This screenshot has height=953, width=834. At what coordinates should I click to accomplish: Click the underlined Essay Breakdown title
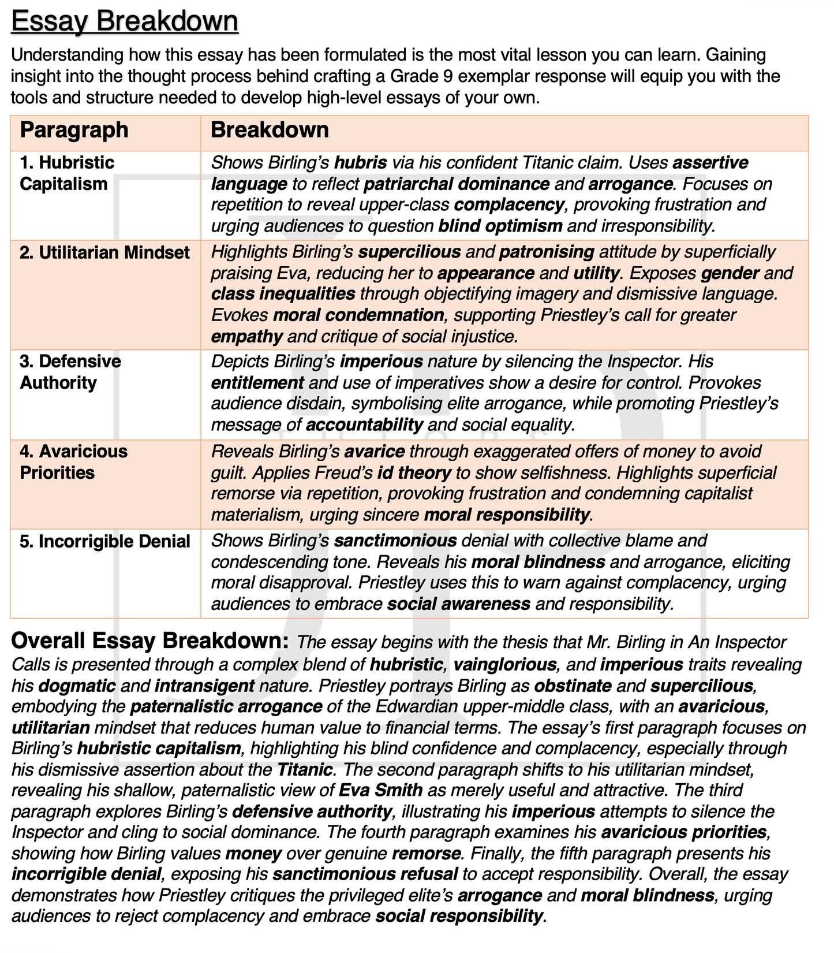pyautogui.click(x=124, y=21)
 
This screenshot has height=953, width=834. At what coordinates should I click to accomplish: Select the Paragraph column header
pyautogui.click(x=74, y=130)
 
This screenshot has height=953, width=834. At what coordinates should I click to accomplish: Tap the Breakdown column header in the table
pyautogui.click(x=270, y=130)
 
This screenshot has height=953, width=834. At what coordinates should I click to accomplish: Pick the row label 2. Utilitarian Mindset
pyautogui.click(x=104, y=252)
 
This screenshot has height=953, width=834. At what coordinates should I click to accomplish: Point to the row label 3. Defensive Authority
pyautogui.click(x=70, y=372)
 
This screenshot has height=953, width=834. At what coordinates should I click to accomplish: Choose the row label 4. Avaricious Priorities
pyautogui.click(x=73, y=461)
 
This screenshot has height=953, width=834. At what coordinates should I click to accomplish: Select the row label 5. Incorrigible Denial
pyautogui.click(x=104, y=541)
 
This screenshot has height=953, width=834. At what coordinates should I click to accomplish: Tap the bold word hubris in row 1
pyautogui.click(x=360, y=163)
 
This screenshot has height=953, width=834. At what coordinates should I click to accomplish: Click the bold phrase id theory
pyautogui.click(x=414, y=472)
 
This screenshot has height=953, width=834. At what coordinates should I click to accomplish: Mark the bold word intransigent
pyautogui.click(x=204, y=686)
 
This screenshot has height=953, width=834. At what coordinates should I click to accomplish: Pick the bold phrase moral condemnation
pyautogui.click(x=358, y=315)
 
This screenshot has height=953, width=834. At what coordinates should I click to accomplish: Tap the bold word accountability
pyautogui.click(x=365, y=425)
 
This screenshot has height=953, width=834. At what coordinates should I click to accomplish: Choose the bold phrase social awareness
pyautogui.click(x=459, y=604)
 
